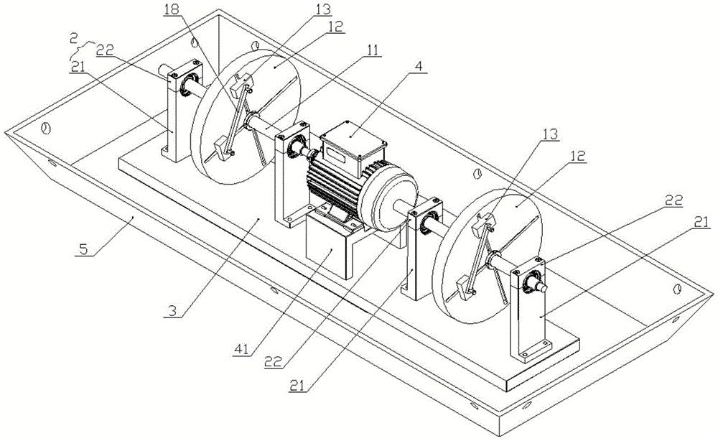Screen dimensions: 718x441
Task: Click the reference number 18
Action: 172,10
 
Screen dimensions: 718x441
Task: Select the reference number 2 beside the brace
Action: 74,39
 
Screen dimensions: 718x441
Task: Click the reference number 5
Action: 83,249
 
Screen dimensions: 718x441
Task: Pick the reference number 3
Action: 172,311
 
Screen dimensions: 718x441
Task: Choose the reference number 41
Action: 241,349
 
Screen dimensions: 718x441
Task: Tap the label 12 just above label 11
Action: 335,27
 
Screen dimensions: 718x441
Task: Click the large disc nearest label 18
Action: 246,117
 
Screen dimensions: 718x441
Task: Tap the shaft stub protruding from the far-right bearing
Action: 542,287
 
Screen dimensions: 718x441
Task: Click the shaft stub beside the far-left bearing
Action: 164,71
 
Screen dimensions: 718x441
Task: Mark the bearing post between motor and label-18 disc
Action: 292,174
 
